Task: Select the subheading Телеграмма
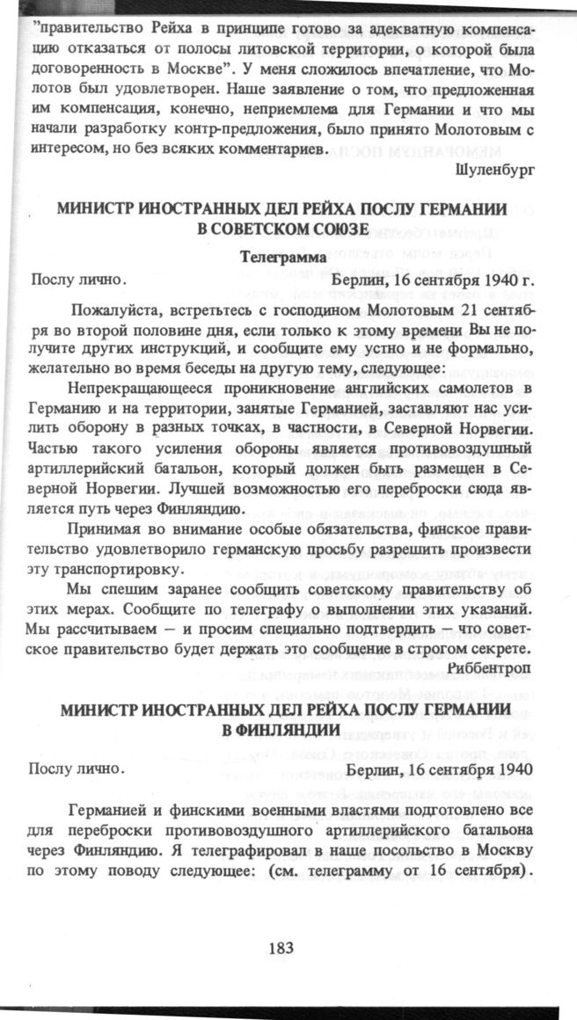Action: click(281, 258)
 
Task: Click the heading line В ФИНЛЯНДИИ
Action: click(281, 730)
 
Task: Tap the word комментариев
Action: click(264, 149)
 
